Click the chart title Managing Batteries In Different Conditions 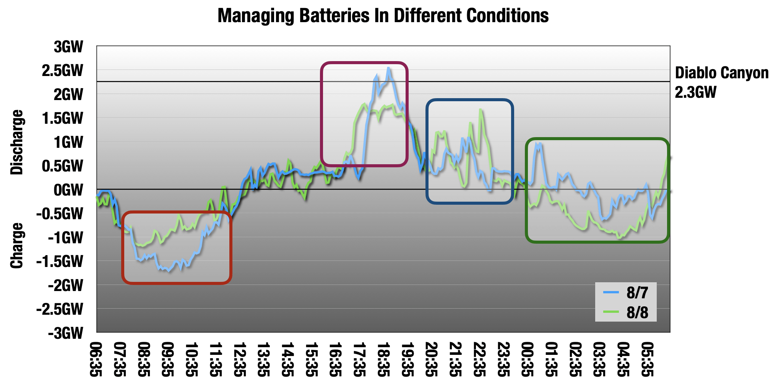(383, 16)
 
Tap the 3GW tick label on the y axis (68, 47)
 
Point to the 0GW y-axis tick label (68, 190)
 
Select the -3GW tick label (66, 333)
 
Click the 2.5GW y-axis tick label (63, 71)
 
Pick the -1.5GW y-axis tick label (60, 262)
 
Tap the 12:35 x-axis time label (240, 359)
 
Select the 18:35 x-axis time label (384, 359)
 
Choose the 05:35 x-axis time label (647, 359)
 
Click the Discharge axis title (17, 142)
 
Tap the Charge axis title (17, 246)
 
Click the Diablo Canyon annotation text (722, 73)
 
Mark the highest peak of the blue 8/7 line (388, 68)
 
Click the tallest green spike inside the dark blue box (480, 110)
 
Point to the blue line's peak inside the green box (536, 144)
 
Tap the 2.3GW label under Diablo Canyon (696, 92)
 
